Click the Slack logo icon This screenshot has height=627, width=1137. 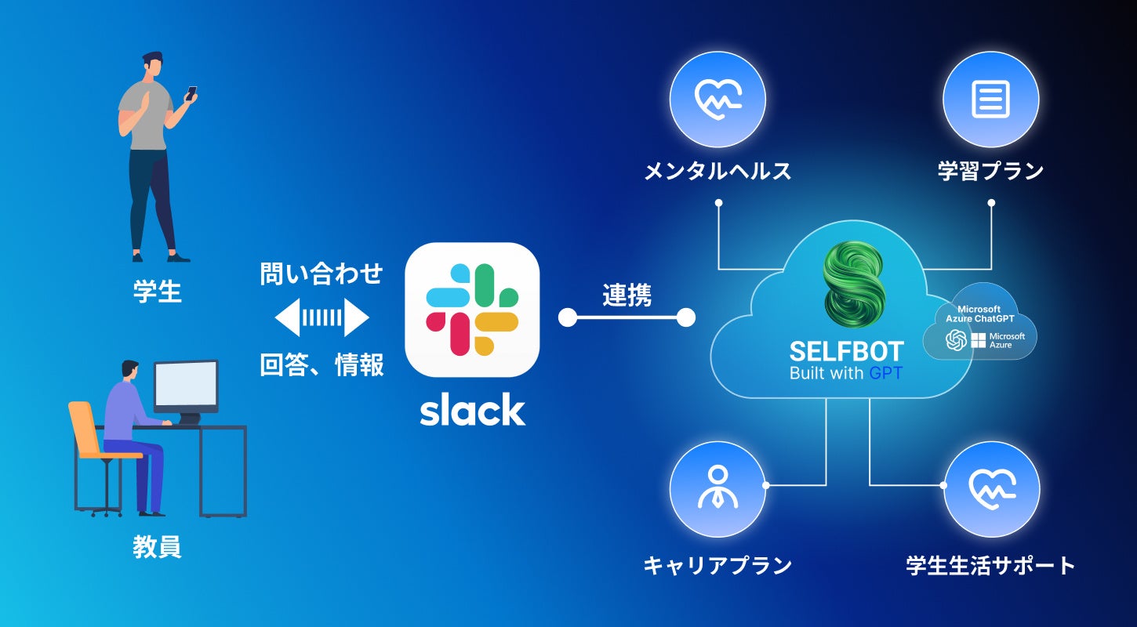tap(472, 310)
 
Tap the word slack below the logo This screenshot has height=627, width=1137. tap(472, 409)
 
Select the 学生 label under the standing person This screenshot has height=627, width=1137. tap(157, 292)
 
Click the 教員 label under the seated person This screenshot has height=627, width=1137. tap(157, 547)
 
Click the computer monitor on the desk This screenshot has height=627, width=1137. tap(185, 386)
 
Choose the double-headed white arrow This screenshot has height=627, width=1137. tap(322, 317)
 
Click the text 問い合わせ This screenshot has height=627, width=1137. tap(321, 274)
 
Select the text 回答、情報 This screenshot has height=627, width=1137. tap(321, 365)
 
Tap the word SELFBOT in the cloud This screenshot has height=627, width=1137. tap(846, 351)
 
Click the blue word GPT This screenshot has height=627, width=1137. tap(886, 373)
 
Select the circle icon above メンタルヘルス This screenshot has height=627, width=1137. tap(717, 99)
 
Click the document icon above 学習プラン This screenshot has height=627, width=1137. tap(990, 99)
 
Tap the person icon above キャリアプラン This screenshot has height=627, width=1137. tap(717, 488)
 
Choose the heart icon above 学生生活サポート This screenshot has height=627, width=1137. tap(991, 488)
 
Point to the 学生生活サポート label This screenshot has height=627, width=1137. tap(990, 565)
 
